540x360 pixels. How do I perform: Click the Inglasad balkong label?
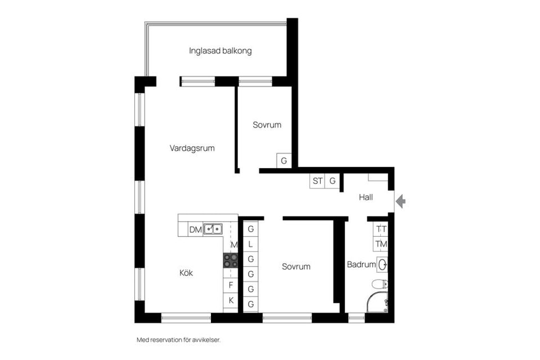pos(220,51)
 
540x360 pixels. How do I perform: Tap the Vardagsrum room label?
pos(192,148)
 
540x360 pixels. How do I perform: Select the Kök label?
pos(186,273)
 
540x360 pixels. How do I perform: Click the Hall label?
pos(366,197)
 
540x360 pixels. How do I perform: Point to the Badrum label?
pos(358,264)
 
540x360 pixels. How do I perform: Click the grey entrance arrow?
pos(400,201)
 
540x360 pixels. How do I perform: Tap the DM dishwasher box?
pos(195,229)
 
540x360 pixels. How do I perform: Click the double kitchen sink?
pos(213,229)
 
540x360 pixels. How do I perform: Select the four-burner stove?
pos(231,260)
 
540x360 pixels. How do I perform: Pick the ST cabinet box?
pos(318,181)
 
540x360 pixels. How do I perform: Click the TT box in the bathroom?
pos(381,229)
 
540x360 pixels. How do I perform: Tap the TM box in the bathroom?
pos(381,244)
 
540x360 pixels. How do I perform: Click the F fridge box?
pos(231,285)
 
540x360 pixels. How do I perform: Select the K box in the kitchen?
pos(231,300)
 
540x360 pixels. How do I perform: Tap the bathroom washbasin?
pos(383,264)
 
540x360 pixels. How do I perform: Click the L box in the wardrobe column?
pos(251,244)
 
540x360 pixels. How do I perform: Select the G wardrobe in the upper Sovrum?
pos(284,161)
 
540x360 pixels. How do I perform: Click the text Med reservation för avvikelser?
pos(179,340)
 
